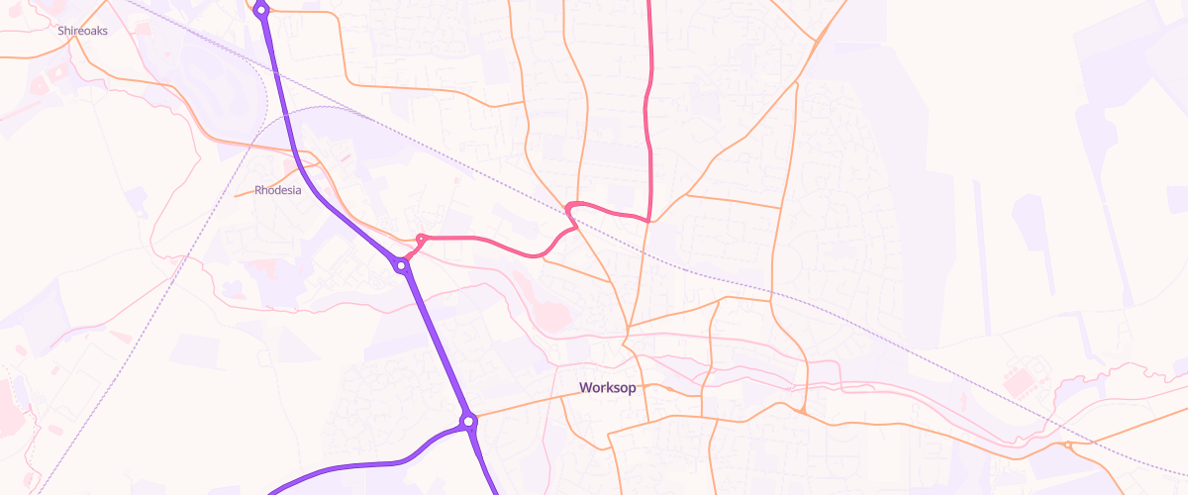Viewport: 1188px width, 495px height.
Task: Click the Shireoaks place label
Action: click(x=82, y=31)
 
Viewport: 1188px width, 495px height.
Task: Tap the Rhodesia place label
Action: click(x=278, y=190)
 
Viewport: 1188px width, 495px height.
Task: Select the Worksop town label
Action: click(x=608, y=387)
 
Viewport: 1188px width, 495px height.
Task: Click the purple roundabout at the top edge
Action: click(x=261, y=10)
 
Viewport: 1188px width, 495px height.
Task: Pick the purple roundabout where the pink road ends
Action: click(x=402, y=265)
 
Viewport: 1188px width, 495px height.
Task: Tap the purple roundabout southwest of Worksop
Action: click(x=469, y=422)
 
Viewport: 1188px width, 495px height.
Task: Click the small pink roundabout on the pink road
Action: click(x=422, y=239)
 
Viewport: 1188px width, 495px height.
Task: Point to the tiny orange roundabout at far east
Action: click(x=1068, y=445)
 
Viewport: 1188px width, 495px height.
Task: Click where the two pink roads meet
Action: click(x=648, y=220)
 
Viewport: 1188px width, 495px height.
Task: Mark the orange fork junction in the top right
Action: click(x=818, y=40)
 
